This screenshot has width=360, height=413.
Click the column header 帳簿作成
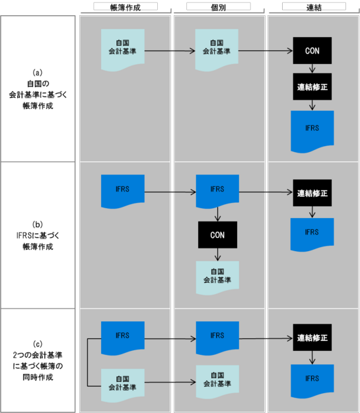pos(126,6)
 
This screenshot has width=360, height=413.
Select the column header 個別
pos(218,6)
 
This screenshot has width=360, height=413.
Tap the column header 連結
pos(311,6)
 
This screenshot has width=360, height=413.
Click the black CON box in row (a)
pos(312,50)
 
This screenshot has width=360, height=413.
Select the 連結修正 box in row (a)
pos(312,87)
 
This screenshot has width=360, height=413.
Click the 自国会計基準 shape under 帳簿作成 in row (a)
pos(122,50)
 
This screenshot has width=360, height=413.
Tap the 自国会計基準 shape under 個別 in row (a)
pos(217,50)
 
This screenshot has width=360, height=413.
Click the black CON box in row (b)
pos(217,234)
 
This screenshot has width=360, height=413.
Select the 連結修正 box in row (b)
pos(312,193)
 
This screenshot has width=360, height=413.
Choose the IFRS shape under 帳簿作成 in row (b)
pos(122,191)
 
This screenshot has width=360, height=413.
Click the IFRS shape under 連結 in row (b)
pos(312,232)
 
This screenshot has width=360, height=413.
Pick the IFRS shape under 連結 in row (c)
pos(312,379)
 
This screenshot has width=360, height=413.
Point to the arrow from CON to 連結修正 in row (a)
pos(312,68)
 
